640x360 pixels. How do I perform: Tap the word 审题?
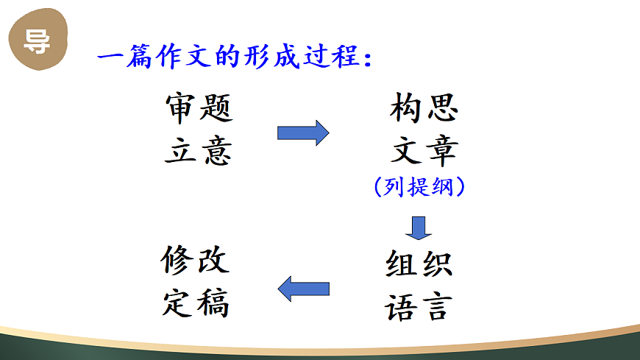click(199, 108)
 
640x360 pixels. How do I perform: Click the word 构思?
click(424, 108)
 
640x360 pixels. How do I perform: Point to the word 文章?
click(424, 151)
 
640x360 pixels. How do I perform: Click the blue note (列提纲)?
click(419, 188)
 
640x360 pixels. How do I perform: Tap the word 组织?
click(419, 264)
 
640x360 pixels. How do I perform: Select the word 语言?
click(417, 306)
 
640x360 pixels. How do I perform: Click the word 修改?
click(196, 261)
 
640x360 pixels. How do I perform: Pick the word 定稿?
click(196, 303)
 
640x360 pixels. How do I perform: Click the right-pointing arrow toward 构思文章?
click(302, 133)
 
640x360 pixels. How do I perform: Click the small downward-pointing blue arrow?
click(419, 227)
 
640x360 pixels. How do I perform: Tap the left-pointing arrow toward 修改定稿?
click(303, 288)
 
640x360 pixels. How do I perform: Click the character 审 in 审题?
click(181, 108)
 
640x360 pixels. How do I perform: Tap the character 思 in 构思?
click(442, 108)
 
